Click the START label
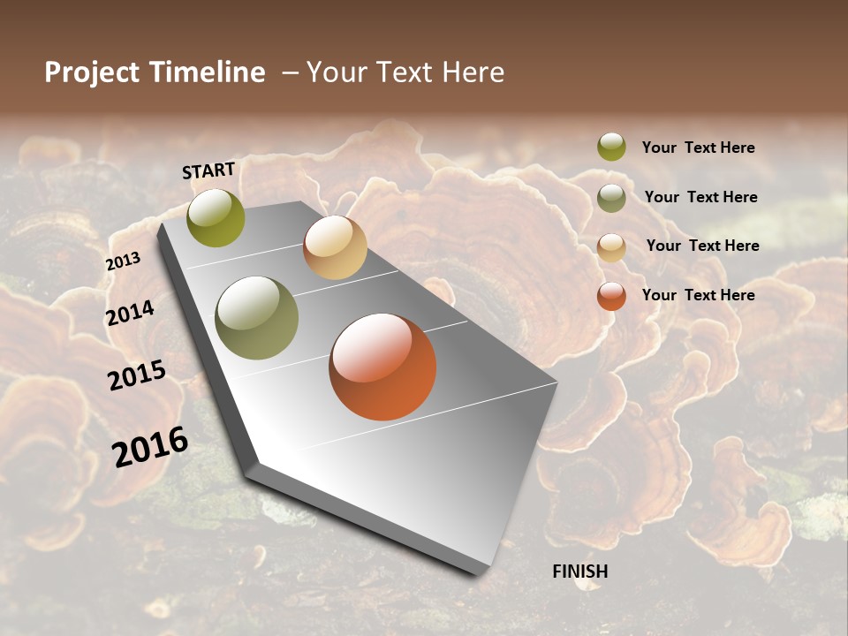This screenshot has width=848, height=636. [x=208, y=170]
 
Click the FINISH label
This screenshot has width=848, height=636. [x=579, y=572]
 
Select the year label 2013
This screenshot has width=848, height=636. [x=124, y=261]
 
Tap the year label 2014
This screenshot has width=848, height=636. [x=131, y=313]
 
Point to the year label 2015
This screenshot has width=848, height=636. [x=137, y=375]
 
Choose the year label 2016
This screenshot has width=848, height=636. [x=151, y=447]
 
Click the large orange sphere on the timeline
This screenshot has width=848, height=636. [x=382, y=367]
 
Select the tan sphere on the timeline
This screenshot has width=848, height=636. [x=335, y=247]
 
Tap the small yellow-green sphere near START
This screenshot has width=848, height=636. [x=216, y=217]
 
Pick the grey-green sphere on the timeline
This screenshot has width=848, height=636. [x=256, y=318]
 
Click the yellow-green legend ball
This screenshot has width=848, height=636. [x=611, y=148]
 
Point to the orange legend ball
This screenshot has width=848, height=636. [x=611, y=296]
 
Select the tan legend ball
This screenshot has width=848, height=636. [x=611, y=246]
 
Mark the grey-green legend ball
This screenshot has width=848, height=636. [x=611, y=198]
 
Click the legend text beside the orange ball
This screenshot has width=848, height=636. [x=698, y=295]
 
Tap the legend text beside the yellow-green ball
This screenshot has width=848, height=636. [x=698, y=148]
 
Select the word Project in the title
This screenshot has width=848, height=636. [x=93, y=72]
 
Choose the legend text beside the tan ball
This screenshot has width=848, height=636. [x=702, y=246]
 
